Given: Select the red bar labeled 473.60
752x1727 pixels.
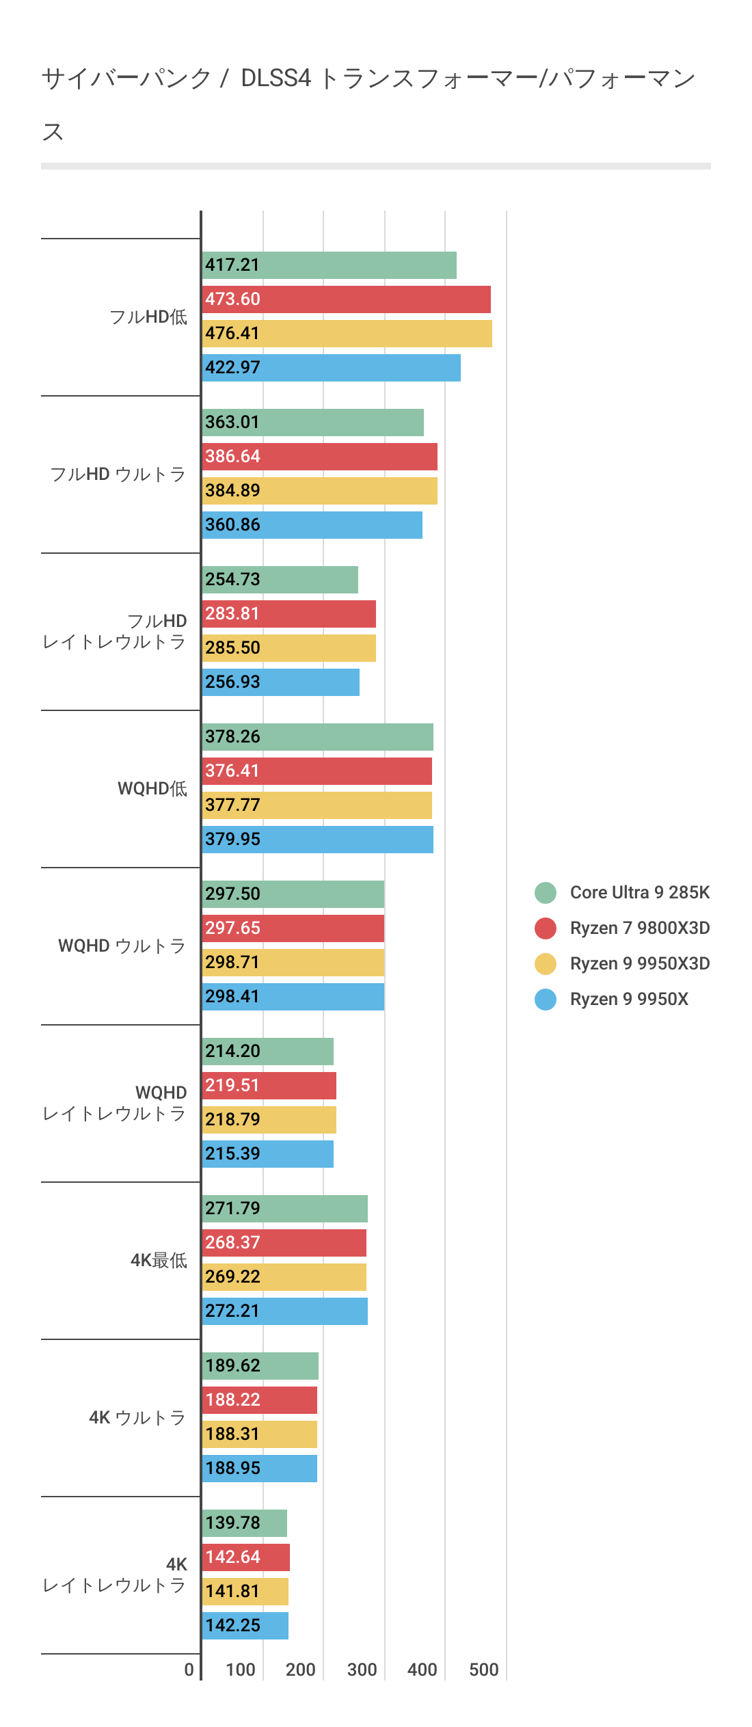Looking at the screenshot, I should [346, 299].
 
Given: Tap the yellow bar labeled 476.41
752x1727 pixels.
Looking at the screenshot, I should [347, 334].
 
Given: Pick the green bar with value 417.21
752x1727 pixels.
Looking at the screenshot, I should [329, 265].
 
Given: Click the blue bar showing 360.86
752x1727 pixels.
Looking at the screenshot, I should [312, 525].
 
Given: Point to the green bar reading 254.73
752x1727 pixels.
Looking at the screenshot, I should [280, 580].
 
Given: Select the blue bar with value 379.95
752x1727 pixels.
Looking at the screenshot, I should [317, 840].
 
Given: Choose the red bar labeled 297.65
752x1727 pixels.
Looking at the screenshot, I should [293, 928].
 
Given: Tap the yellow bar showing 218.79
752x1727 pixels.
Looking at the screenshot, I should [269, 1120].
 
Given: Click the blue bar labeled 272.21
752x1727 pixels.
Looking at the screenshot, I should [284, 1311].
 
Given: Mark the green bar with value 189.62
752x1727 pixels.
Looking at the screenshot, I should [260, 1366].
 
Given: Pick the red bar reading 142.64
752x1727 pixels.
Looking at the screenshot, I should [245, 1557].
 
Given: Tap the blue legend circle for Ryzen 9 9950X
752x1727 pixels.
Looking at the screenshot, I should [546, 1000].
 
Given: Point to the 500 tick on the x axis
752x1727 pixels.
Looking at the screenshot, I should [483, 1670].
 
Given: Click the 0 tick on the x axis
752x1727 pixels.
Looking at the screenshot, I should [189, 1670].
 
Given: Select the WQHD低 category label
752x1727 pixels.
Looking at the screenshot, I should [152, 789].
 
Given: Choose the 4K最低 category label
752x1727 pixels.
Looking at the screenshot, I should [159, 1261].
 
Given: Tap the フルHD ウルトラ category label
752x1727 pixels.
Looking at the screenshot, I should [118, 474].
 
